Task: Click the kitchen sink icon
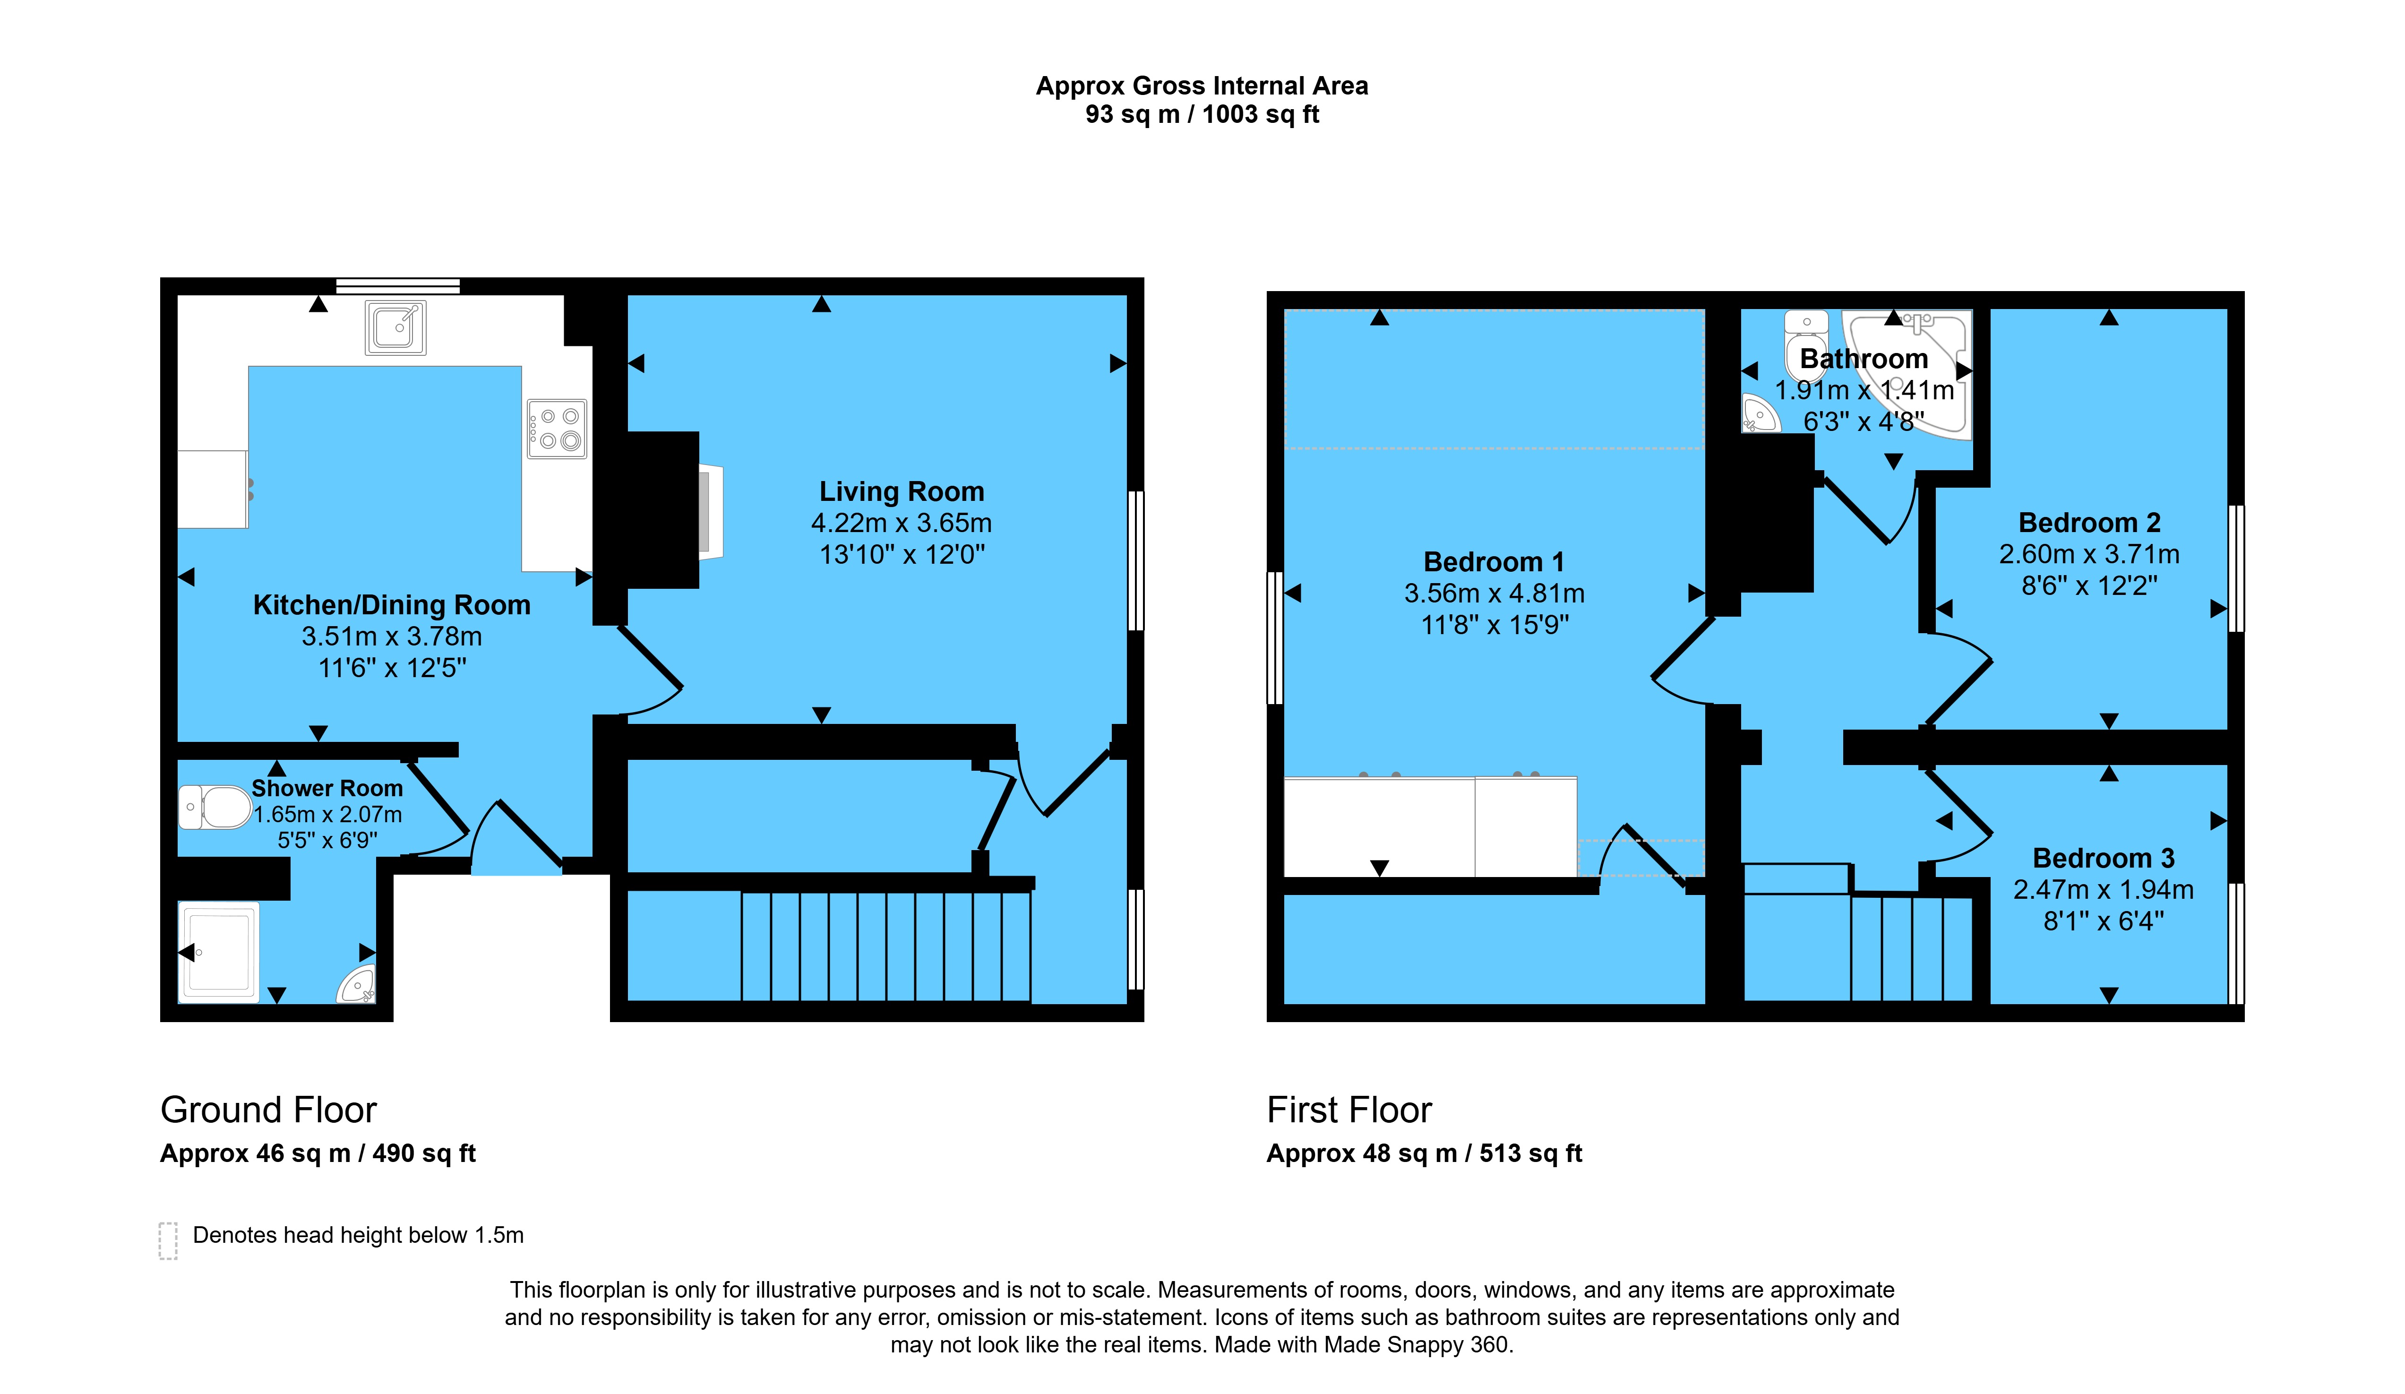coord(395,327)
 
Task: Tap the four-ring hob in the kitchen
coord(558,429)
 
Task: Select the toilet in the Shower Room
coord(215,807)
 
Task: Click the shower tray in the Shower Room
coord(219,952)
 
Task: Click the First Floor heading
coord(1349,1110)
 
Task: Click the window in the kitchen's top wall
coord(398,285)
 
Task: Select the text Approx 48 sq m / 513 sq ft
coord(1424,1153)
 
